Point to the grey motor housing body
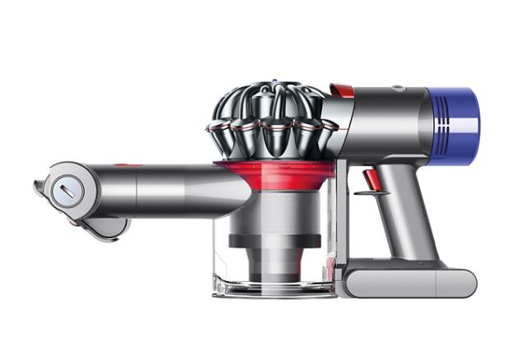tap(386, 119)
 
